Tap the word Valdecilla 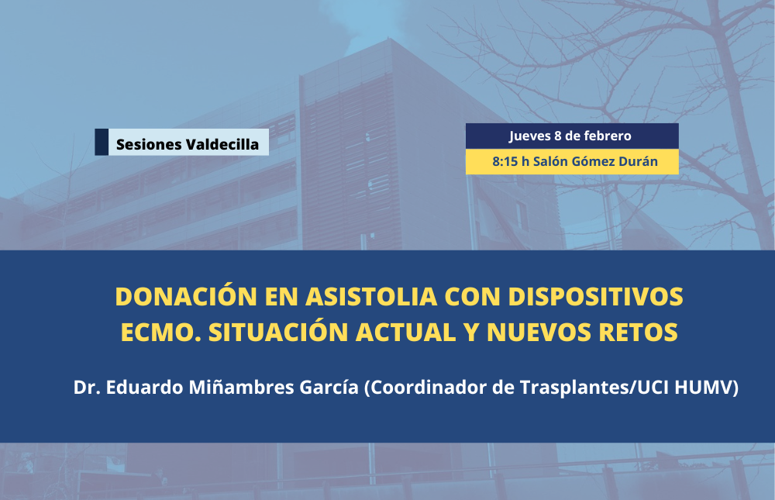[x=222, y=144]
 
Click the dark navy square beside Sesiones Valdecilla [x=102, y=142]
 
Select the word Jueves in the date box [x=530, y=136]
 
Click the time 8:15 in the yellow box [x=505, y=162]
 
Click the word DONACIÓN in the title [x=186, y=296]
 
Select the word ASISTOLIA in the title [x=371, y=296]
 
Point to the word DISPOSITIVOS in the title [x=595, y=296]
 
